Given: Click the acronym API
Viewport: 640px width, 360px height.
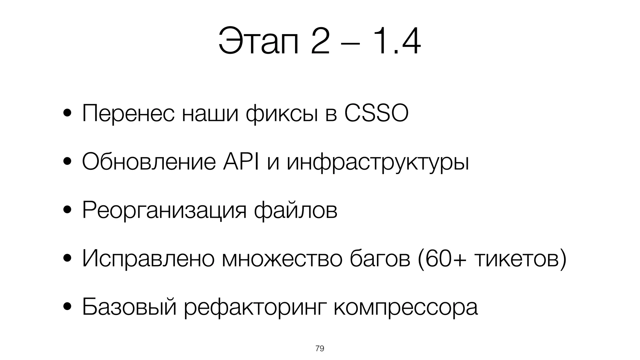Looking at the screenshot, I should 241,162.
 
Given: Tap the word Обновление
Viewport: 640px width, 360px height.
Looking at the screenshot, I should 149,162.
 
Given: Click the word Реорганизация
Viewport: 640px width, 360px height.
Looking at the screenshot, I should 164,211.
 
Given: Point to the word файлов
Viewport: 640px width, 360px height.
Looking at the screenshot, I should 296,210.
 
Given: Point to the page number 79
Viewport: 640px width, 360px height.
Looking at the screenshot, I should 320,348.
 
